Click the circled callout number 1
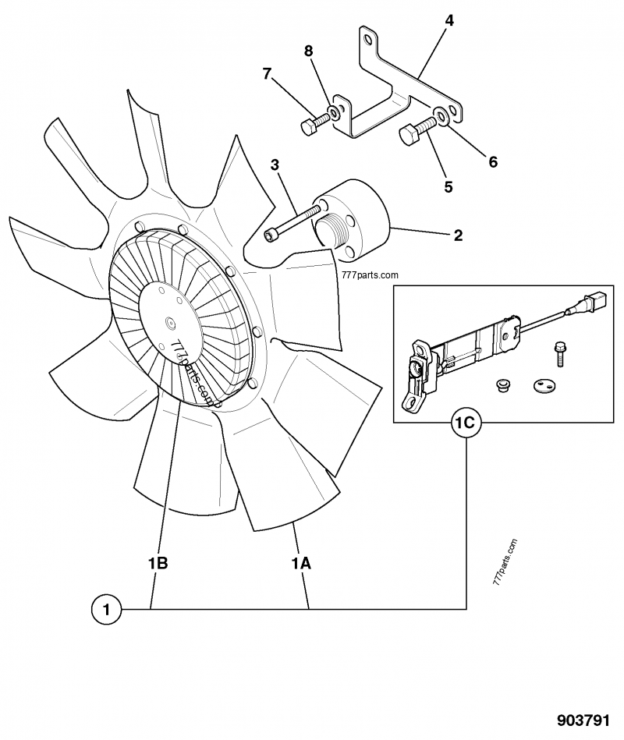[107, 608]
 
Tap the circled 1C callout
[466, 423]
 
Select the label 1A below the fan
[301, 562]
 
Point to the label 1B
[158, 562]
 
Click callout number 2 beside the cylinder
[458, 235]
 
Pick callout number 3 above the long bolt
[275, 165]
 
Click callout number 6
[492, 162]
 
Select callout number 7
[268, 74]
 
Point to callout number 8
[309, 51]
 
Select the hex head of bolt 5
[409, 137]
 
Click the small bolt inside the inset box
[558, 352]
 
